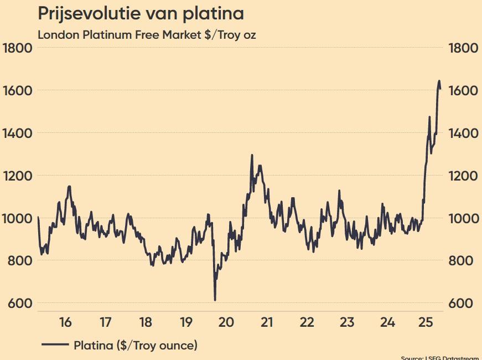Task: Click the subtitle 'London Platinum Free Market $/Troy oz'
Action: coord(147,34)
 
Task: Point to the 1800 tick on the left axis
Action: coord(18,48)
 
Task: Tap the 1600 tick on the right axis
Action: coord(463,90)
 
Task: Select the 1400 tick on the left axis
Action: coord(18,133)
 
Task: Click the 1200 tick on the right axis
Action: coord(463,176)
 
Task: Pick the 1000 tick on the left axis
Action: coord(18,218)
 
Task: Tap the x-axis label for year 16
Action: coord(65,322)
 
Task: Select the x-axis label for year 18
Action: coord(145,322)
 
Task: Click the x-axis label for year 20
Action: coord(225,322)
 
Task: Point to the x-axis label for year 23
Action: coord(346,322)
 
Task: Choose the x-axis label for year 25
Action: coord(426,322)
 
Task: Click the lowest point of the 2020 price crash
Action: coord(215,300)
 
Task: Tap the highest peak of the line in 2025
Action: coord(439,81)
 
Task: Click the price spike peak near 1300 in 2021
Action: coord(252,156)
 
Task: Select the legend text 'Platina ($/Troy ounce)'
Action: coord(136,346)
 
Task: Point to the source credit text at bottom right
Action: coord(441,358)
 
